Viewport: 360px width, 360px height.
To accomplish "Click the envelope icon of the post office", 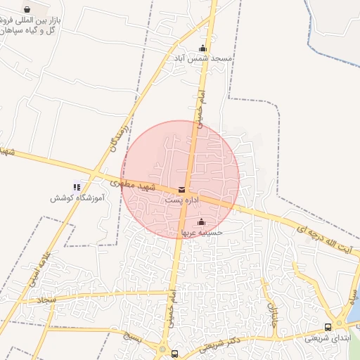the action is coord(183,190).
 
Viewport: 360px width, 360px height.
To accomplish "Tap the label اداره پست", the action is coord(183,200).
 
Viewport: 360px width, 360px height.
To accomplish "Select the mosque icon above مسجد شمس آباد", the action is coord(202,49).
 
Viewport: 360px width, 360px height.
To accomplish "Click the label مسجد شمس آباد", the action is coord(202,59).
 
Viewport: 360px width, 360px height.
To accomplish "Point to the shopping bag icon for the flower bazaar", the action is coord(27,10).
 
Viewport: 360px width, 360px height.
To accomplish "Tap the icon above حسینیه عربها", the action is coord(202,222).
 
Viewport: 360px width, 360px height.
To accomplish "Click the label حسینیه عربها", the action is coord(202,232).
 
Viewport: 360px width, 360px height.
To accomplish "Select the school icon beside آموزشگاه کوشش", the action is coord(77,187).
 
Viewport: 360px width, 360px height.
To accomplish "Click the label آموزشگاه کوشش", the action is coord(77,198).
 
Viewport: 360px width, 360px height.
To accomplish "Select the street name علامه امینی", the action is coord(39,269).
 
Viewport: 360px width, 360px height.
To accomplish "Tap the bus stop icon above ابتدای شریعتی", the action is coord(328,327).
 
